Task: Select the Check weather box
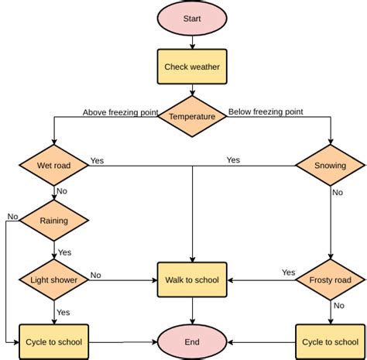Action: pos(192,67)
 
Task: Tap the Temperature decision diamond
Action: pos(192,116)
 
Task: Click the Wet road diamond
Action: pos(54,166)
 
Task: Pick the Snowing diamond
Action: pos(331,166)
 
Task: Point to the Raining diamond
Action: pos(54,220)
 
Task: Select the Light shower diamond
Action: pos(54,279)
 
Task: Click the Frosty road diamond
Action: pos(331,279)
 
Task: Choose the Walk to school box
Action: pos(192,279)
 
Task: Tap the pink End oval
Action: pos(192,341)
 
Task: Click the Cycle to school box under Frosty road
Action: pos(331,341)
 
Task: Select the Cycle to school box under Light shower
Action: pos(54,341)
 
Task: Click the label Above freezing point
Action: pos(120,112)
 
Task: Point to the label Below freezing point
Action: pos(266,112)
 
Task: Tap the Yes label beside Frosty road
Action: pos(288,273)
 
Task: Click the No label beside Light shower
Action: pos(96,274)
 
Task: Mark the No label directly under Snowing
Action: pos(338,193)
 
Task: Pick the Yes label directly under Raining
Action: pos(64,252)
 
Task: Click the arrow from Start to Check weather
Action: pos(192,43)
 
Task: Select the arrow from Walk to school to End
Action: pos(192,310)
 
